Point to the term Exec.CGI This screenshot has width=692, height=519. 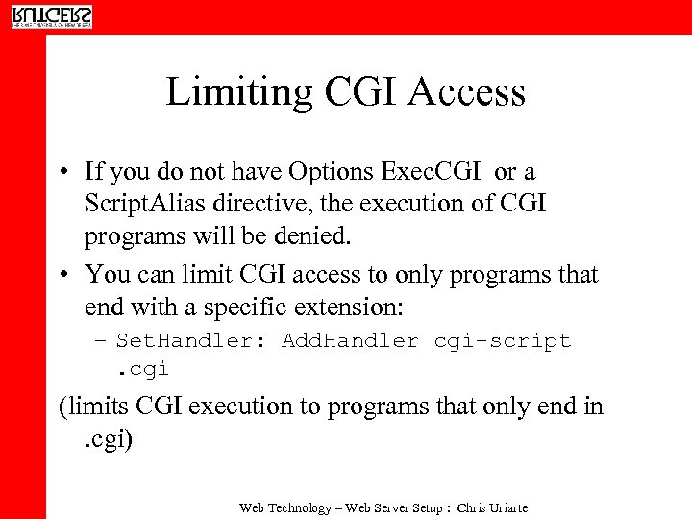tap(433, 172)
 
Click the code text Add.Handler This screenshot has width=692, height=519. tap(350, 341)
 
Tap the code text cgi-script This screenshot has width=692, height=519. tap(503, 341)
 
